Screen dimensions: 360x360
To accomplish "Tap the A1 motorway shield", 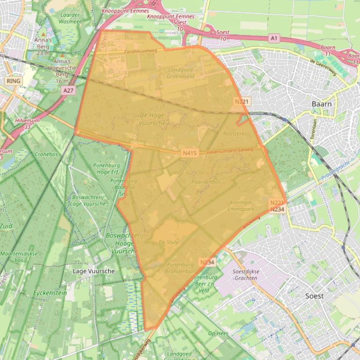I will pos(274,37).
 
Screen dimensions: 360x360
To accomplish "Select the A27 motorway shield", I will pos(68,90).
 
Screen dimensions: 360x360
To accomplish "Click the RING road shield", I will pos(14,81).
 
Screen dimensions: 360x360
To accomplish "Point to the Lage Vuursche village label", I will pos(94,271).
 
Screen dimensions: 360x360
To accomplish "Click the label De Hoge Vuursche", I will pos(153,118).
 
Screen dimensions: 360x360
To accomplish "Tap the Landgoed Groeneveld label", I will pos(180,72).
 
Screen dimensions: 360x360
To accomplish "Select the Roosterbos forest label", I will pos(237,134).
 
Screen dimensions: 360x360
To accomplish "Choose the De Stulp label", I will pos(169,242).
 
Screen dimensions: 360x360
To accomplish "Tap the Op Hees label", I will pos(218,333).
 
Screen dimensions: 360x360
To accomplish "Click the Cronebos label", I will pos(46,154).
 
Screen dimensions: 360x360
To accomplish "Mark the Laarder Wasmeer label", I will pos(71,18).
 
